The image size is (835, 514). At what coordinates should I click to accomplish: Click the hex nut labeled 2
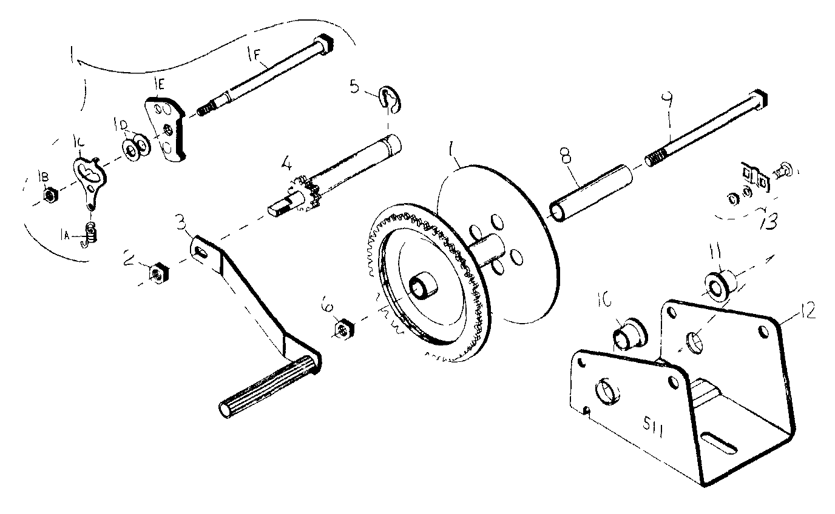pos(158,274)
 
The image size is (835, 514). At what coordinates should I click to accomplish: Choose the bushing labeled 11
pos(719,285)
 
